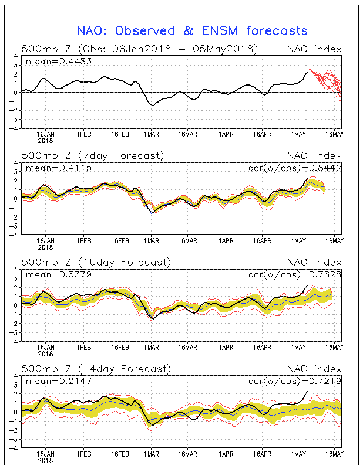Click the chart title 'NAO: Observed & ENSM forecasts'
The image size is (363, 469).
pyautogui.click(x=192, y=31)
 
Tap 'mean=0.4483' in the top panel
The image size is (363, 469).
pyautogui.click(x=59, y=62)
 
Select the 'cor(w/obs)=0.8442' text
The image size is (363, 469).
pyautogui.click(x=295, y=168)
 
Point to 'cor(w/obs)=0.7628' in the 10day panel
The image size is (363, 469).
pyautogui.click(x=295, y=275)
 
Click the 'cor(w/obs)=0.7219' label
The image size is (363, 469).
pyautogui.click(x=295, y=382)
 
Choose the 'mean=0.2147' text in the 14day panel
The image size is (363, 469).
pyautogui.click(x=59, y=382)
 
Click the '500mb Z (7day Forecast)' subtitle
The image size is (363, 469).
pyautogui.click(x=93, y=156)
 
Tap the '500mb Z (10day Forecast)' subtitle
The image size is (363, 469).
pyautogui.click(x=96, y=262)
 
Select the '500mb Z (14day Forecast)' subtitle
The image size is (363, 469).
pyautogui.click(x=96, y=369)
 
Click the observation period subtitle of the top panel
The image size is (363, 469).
pyautogui.click(x=140, y=49)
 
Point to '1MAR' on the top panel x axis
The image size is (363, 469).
pyautogui.click(x=152, y=134)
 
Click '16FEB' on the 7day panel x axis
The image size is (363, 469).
pyautogui.click(x=120, y=241)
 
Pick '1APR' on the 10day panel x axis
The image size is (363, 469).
pyautogui.click(x=226, y=348)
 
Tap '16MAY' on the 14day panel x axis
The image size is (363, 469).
pyautogui.click(x=335, y=454)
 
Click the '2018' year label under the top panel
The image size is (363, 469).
pyautogui.click(x=46, y=141)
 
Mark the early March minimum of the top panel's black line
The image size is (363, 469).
pyautogui.click(x=153, y=106)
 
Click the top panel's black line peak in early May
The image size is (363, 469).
pyautogui.click(x=308, y=70)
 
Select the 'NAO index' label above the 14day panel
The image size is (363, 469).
pyautogui.click(x=314, y=369)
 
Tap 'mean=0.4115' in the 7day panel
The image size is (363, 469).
pyautogui.click(x=59, y=168)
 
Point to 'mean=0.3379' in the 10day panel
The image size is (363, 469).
pyautogui.click(x=59, y=275)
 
